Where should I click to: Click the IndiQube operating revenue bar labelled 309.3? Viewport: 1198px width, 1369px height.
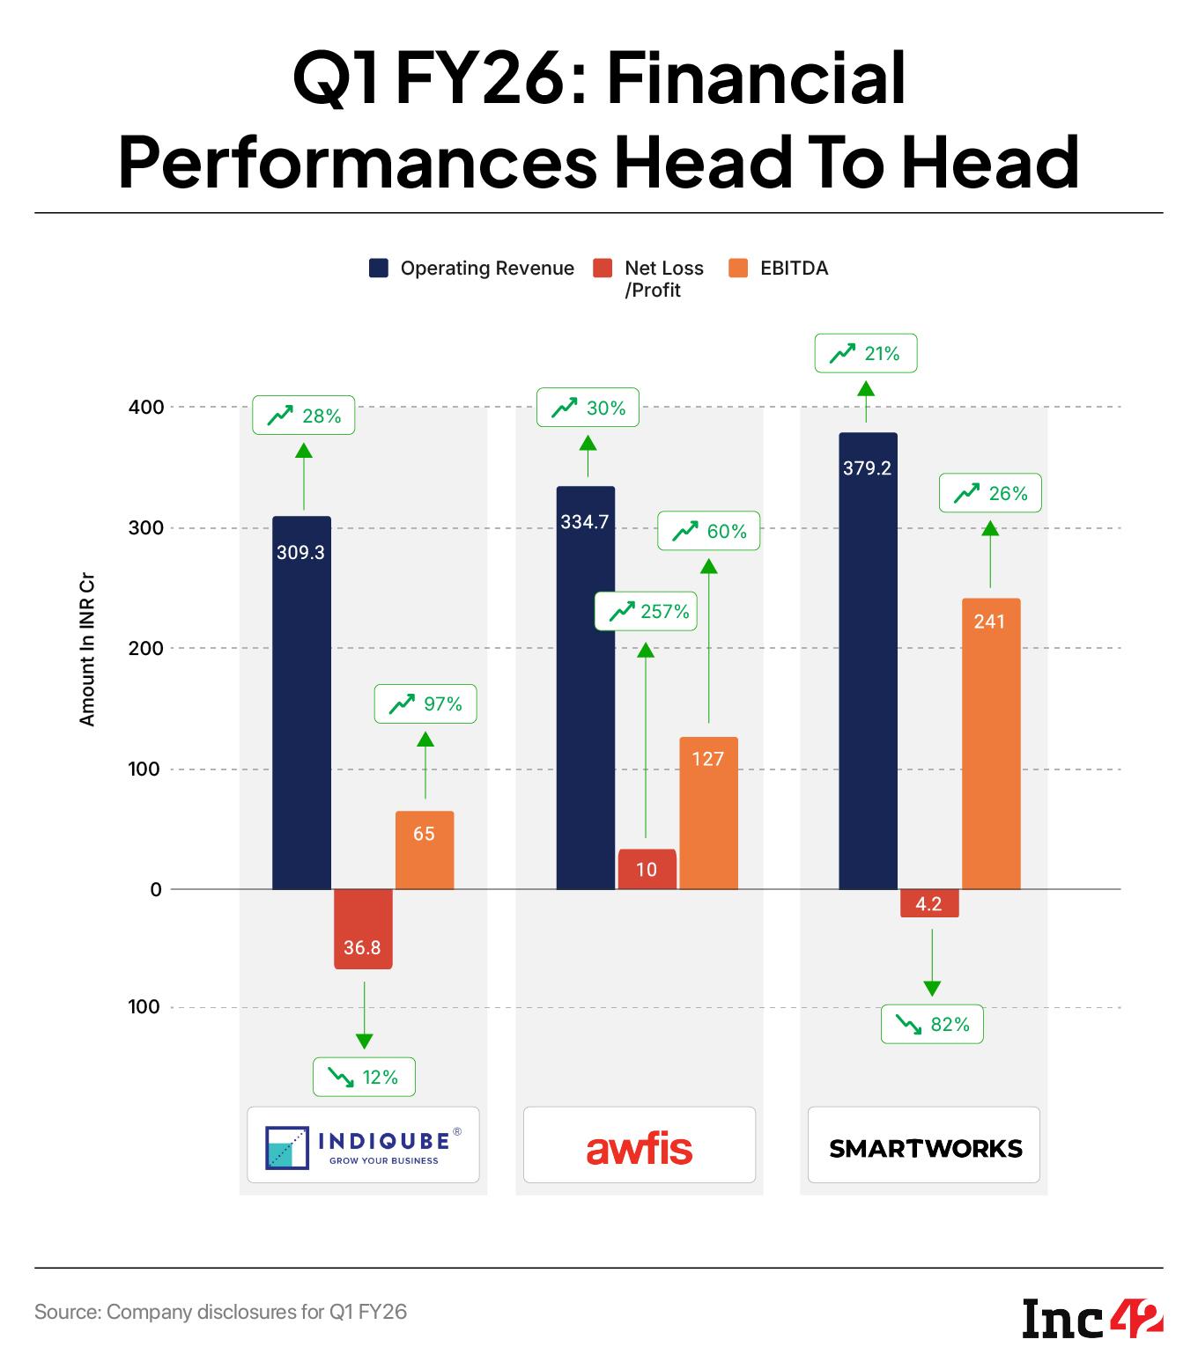tap(301, 704)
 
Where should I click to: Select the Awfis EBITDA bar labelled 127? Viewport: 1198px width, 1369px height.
tap(708, 814)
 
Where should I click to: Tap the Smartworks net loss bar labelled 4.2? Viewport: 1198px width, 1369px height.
tap(929, 904)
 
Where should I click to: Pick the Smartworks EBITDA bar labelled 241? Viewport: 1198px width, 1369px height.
tap(991, 744)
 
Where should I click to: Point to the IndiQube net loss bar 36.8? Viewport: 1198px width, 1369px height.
tap(363, 929)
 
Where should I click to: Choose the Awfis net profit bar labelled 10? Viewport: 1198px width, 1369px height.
tap(647, 870)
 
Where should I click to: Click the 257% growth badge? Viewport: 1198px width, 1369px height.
tap(646, 611)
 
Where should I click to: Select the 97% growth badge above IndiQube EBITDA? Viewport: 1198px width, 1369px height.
tap(425, 703)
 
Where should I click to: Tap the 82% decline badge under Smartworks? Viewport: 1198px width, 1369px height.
tap(931, 1025)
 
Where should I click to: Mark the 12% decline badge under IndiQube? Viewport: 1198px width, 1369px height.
tap(363, 1077)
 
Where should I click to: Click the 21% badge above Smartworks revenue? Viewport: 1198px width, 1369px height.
tap(866, 354)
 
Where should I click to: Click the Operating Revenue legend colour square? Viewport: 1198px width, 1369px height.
tap(379, 269)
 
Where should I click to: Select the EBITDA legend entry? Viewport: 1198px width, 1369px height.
tap(779, 269)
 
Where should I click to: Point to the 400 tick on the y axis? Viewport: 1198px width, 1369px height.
tap(146, 407)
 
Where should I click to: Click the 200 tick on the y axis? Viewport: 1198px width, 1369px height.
tap(146, 648)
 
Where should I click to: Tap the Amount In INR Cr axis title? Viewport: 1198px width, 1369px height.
tap(86, 651)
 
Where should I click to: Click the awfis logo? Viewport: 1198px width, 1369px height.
tap(640, 1148)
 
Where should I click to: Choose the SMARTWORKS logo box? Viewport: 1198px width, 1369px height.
tap(924, 1145)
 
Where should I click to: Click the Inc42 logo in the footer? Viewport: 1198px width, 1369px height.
tap(1092, 1318)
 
